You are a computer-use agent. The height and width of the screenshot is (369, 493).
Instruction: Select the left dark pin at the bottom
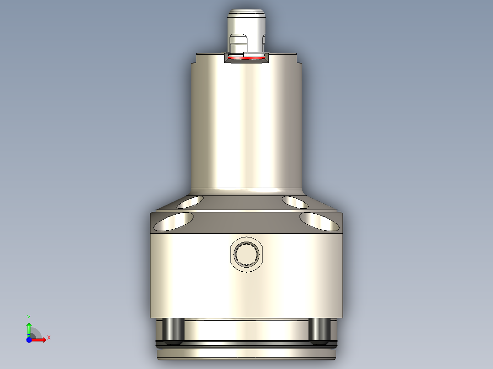(174, 331)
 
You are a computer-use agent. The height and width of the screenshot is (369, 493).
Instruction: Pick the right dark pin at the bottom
(319, 331)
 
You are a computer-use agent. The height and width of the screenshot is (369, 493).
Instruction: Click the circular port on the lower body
(246, 254)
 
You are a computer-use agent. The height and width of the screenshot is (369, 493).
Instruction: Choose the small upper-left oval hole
(190, 202)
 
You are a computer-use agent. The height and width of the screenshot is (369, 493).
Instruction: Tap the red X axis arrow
(39, 339)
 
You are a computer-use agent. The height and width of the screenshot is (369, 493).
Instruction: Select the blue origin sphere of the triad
(29, 340)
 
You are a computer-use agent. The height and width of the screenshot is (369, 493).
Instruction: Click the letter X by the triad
(49, 337)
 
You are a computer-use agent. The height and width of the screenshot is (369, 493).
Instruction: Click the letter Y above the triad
(29, 316)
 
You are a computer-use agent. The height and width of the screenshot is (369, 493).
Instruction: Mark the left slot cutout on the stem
(237, 44)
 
